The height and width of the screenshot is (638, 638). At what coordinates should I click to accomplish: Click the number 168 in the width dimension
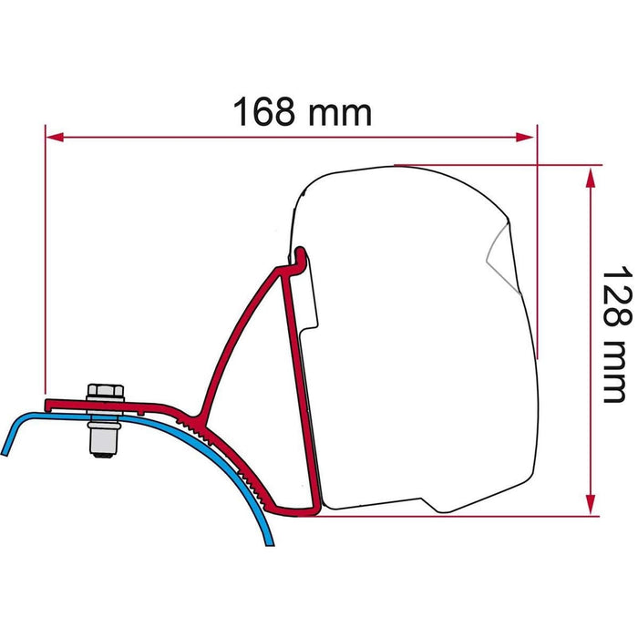tap(263, 111)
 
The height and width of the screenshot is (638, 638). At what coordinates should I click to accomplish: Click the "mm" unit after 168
tap(340, 114)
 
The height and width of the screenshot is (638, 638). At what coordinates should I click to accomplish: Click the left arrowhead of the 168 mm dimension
tap(56, 137)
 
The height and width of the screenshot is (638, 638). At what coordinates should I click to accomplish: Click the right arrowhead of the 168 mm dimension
tap(524, 137)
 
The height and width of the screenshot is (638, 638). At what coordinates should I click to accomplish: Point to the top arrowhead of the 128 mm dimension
tap(591, 179)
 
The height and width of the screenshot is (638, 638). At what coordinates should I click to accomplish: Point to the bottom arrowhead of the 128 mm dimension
tap(591, 504)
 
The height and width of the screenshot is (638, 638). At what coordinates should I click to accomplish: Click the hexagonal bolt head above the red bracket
tap(106, 391)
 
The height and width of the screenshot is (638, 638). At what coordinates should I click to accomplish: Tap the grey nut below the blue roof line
tap(104, 438)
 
